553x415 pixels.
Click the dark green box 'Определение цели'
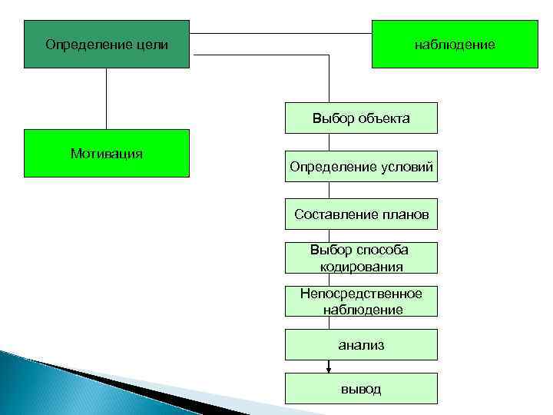tap(106, 45)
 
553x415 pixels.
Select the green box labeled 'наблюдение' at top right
tap(455, 45)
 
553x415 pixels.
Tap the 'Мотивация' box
tap(106, 154)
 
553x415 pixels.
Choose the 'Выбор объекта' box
tap(361, 118)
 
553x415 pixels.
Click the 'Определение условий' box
tap(361, 167)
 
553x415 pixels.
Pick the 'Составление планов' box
tap(361, 214)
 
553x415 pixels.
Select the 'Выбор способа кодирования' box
tap(361, 258)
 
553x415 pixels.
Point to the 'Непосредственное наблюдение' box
tap(361, 301)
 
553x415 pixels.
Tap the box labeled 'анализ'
tap(361, 345)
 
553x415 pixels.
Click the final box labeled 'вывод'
tap(361, 389)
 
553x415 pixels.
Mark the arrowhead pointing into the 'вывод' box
tap(329, 369)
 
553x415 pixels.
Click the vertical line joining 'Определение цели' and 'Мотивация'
tap(106, 98)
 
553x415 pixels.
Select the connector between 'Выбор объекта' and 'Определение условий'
tap(329, 142)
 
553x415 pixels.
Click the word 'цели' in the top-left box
tap(152, 45)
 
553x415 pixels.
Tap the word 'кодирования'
tap(362, 266)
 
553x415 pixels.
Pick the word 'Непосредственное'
tap(361, 294)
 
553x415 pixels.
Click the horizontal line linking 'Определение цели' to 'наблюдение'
tap(280, 33)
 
